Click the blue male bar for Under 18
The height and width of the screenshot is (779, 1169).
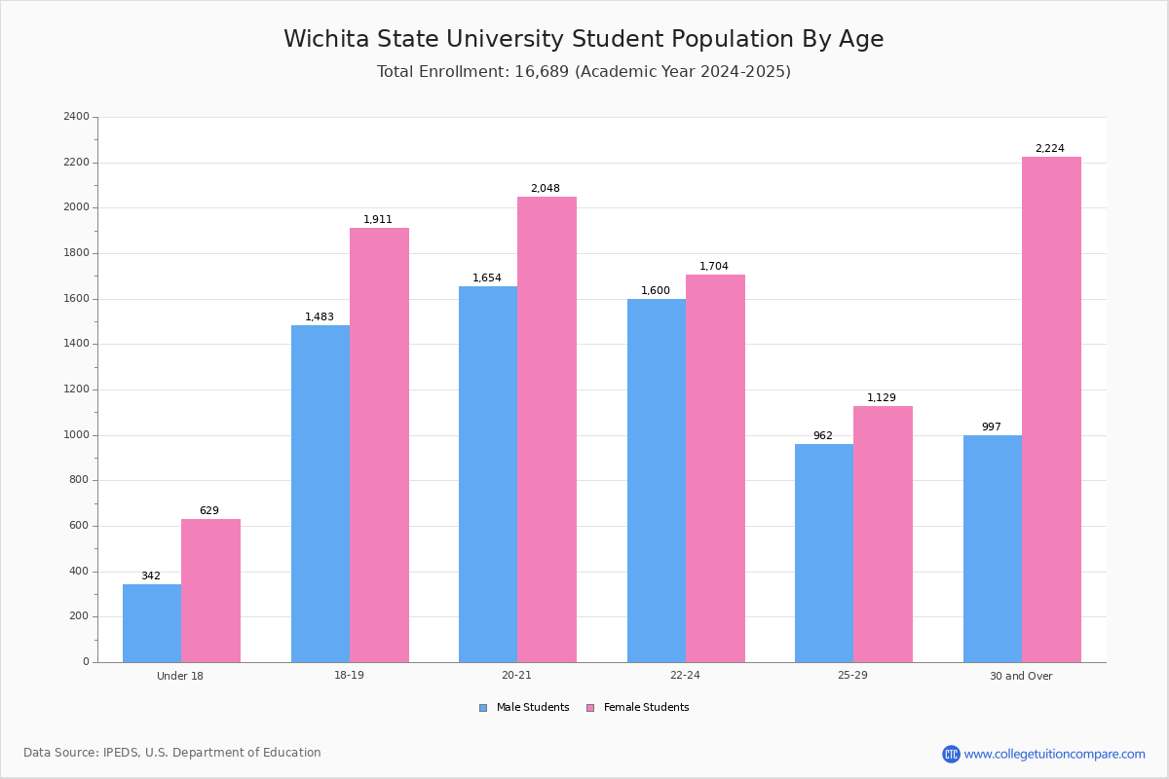[152, 623]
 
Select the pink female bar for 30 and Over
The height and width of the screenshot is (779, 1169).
[1051, 409]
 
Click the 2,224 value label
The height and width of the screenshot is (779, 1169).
[1049, 149]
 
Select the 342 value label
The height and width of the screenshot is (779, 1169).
[151, 576]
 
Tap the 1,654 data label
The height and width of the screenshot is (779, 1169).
[487, 278]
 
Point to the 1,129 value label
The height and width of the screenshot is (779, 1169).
[882, 398]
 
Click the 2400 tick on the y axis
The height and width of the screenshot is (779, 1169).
[76, 117]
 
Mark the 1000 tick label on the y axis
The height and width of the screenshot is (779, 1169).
[76, 435]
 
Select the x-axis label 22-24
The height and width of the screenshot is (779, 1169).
[685, 676]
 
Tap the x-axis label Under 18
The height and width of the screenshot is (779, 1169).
[180, 676]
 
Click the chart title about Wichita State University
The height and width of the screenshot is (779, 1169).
[584, 40]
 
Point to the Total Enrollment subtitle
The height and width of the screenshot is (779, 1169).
[584, 72]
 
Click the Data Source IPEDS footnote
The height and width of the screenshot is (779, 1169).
[172, 753]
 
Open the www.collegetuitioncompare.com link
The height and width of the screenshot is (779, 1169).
[1054, 754]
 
